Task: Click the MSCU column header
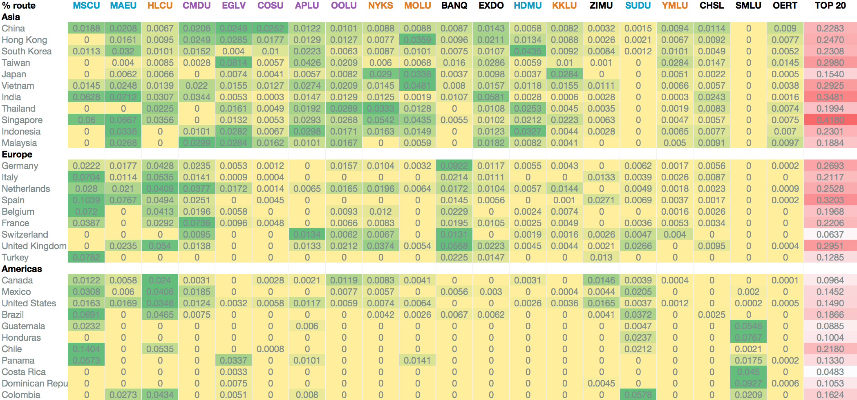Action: [x=86, y=6]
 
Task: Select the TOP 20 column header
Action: [x=830, y=6]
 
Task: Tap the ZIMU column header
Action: [x=601, y=6]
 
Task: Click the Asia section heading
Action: [x=11, y=17]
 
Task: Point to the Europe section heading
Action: [x=17, y=155]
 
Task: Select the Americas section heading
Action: [x=22, y=269]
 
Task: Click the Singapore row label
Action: [x=22, y=120]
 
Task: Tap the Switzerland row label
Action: [x=25, y=235]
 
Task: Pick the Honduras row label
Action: [x=21, y=338]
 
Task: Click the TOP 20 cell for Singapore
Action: [x=830, y=120]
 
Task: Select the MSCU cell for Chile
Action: [x=86, y=349]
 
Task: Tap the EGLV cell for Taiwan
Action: [x=233, y=63]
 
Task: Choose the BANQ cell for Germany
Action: [x=454, y=166]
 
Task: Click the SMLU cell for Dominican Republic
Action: [x=748, y=384]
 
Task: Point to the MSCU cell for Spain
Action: [x=86, y=200]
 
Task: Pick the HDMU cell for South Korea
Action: [x=528, y=52]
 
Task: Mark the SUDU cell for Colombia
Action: [x=638, y=395]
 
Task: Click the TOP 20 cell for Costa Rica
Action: [x=830, y=372]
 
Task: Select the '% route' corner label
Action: [x=19, y=6]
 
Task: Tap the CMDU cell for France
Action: [x=197, y=223]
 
